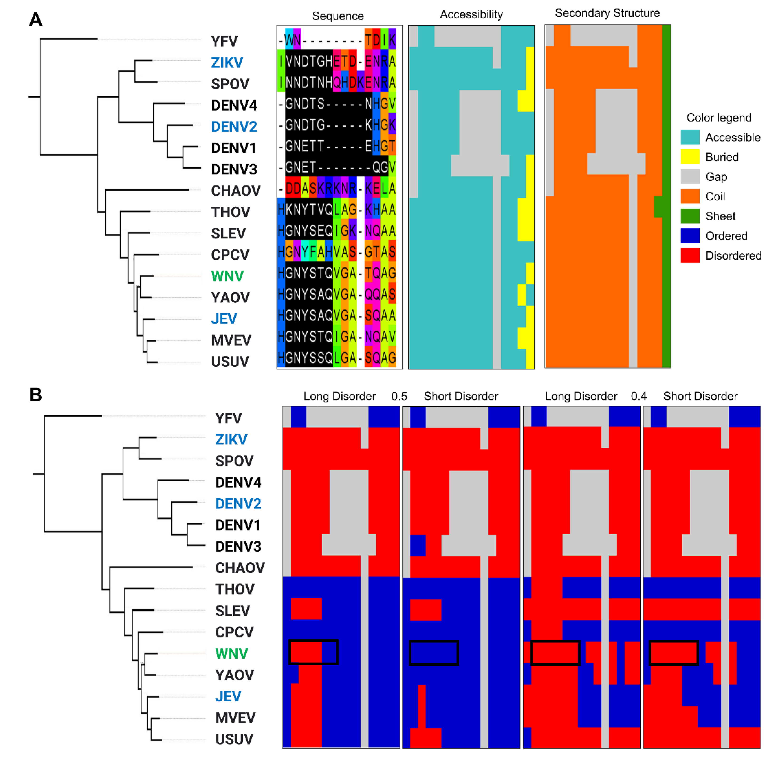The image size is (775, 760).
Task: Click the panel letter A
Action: tap(36, 19)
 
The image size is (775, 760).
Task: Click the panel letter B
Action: tap(36, 395)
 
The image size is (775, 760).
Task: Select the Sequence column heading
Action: tap(338, 16)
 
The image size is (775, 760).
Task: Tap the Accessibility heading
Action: tap(471, 14)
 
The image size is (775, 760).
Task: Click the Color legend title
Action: tap(718, 118)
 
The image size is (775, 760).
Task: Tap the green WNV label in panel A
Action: tap(227, 276)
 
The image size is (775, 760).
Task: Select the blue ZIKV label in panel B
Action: tap(231, 439)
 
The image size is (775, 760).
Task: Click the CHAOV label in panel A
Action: tap(235, 191)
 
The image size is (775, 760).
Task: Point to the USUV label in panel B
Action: tap(234, 739)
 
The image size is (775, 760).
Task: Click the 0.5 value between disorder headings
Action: tap(399, 396)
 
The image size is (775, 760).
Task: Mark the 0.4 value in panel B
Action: tap(638, 396)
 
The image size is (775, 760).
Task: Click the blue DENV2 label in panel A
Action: tap(234, 127)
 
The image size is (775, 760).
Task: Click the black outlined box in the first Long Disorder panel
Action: tap(313, 652)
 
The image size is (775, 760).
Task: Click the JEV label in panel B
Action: tap(228, 696)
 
